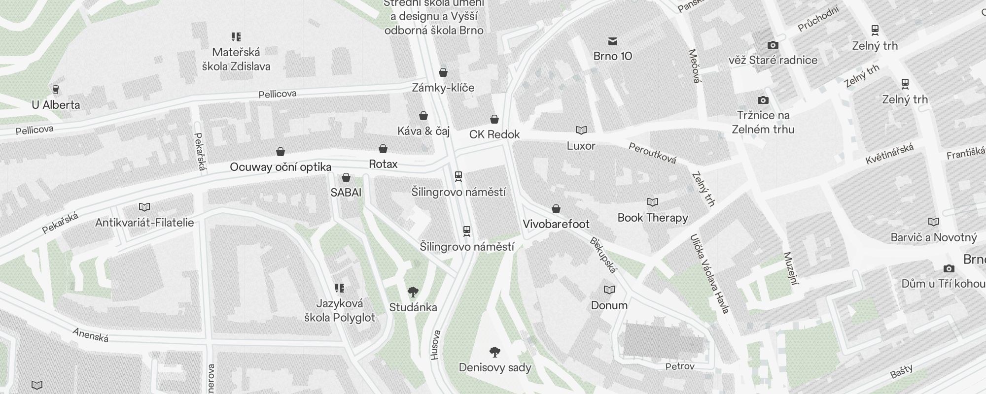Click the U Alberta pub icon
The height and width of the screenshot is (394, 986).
pyautogui.click(x=56, y=90)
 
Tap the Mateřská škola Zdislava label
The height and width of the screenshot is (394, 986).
pyautogui.click(x=236, y=59)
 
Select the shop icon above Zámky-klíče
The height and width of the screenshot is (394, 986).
pyautogui.click(x=443, y=72)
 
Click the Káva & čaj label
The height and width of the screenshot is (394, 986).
pyautogui.click(x=423, y=131)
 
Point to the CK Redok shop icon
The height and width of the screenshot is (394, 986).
pyautogui.click(x=494, y=119)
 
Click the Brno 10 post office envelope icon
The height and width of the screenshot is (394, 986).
pyautogui.click(x=613, y=41)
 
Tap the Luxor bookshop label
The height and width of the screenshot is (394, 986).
pyautogui.click(x=581, y=146)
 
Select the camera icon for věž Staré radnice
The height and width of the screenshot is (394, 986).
pyautogui.click(x=773, y=45)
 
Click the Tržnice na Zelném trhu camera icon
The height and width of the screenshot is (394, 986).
pyautogui.click(x=763, y=100)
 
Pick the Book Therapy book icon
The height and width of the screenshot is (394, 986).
pyautogui.click(x=653, y=202)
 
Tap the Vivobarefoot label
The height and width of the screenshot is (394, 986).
pyautogui.click(x=556, y=224)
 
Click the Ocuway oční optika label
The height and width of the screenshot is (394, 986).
pyautogui.click(x=281, y=167)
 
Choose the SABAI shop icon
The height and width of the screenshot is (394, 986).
pyautogui.click(x=346, y=177)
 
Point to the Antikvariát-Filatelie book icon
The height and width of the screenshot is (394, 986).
pyautogui.click(x=144, y=207)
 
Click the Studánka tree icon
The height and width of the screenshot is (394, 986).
pyautogui.click(x=413, y=292)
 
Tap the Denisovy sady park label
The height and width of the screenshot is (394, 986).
pyautogui.click(x=495, y=367)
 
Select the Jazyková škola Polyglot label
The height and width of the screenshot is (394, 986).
pyautogui.click(x=340, y=311)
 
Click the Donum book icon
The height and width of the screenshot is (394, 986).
pyautogui.click(x=609, y=290)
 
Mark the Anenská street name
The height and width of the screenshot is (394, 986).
pyautogui.click(x=91, y=335)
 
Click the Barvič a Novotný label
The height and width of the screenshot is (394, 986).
pyautogui.click(x=934, y=237)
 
